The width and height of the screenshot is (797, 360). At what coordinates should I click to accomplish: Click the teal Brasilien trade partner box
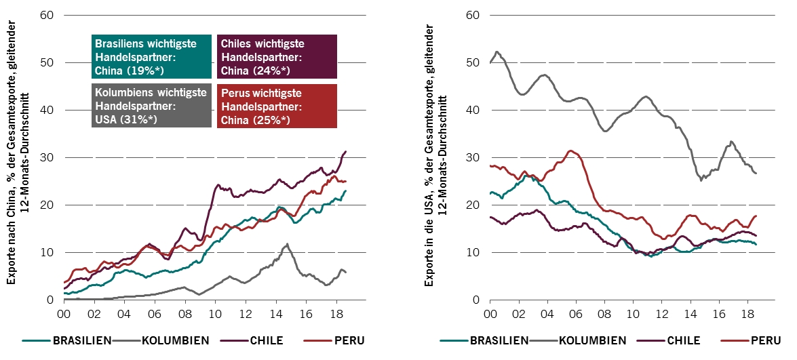(x=151, y=56)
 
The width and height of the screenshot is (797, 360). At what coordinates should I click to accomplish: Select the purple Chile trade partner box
(x=277, y=56)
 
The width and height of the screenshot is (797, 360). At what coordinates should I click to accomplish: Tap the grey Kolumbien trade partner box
(x=151, y=106)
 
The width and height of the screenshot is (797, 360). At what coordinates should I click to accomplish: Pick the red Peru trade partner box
(x=277, y=106)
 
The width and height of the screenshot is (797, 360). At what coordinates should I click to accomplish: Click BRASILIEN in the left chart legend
(x=81, y=340)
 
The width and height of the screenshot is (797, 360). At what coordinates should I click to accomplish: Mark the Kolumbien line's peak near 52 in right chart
(x=497, y=52)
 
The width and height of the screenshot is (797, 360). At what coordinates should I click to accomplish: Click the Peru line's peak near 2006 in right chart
(x=570, y=151)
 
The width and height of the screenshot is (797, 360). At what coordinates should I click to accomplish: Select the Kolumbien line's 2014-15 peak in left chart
(x=288, y=244)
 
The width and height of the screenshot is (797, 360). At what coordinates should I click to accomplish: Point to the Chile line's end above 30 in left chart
(x=346, y=151)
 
